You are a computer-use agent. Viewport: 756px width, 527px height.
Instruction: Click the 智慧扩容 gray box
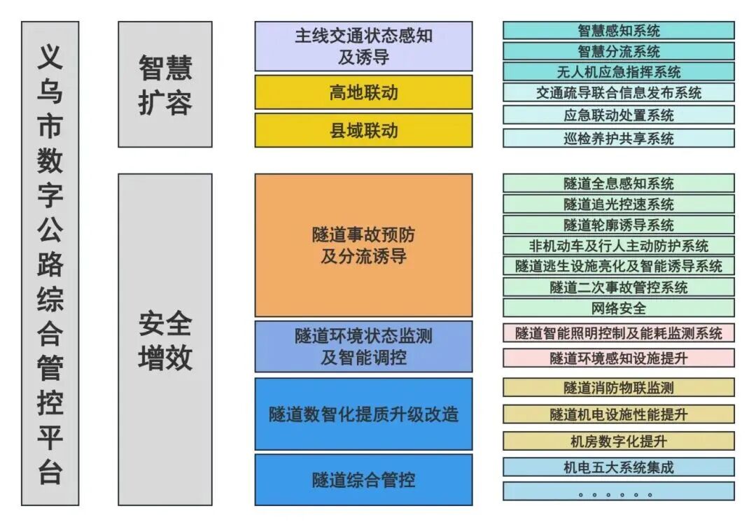pyautogui.click(x=165, y=85)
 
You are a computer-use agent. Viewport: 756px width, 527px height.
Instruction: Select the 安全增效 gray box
pyautogui.click(x=165, y=339)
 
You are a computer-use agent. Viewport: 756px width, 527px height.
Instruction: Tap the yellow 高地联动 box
pyautogui.click(x=363, y=92)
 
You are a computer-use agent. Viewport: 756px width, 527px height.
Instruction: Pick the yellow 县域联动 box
pyautogui.click(x=363, y=130)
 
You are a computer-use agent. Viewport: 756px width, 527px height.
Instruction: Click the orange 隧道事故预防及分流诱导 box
pyautogui.click(x=363, y=245)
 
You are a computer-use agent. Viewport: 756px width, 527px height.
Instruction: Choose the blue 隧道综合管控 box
pyautogui.click(x=363, y=479)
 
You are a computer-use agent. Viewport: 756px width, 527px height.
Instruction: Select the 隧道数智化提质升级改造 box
pyautogui.click(x=363, y=414)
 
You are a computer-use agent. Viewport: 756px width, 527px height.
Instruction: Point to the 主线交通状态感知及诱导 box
pyautogui.click(x=363, y=46)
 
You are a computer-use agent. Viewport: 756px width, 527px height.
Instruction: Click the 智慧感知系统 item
pyautogui.click(x=619, y=31)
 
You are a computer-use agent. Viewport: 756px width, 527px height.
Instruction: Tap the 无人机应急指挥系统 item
pyautogui.click(x=619, y=72)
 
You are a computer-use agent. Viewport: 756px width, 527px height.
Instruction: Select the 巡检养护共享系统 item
pyautogui.click(x=619, y=138)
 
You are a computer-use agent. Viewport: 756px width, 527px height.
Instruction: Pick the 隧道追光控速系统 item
pyautogui.click(x=619, y=204)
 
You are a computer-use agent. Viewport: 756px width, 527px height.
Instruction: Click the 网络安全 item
pyautogui.click(x=619, y=308)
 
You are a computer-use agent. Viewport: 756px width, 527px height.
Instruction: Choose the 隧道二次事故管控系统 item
pyautogui.click(x=619, y=287)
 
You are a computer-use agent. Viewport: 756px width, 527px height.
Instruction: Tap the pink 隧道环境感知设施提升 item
pyautogui.click(x=619, y=358)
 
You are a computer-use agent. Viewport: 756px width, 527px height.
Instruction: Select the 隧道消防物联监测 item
pyautogui.click(x=619, y=388)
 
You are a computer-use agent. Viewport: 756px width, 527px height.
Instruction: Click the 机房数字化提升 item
pyautogui.click(x=619, y=441)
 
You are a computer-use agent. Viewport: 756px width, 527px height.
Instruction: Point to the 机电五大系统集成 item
pyautogui.click(x=619, y=467)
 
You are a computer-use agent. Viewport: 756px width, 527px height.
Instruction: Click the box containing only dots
pyautogui.click(x=619, y=491)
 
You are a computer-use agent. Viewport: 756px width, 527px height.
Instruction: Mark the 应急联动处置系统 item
pyautogui.click(x=619, y=115)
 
